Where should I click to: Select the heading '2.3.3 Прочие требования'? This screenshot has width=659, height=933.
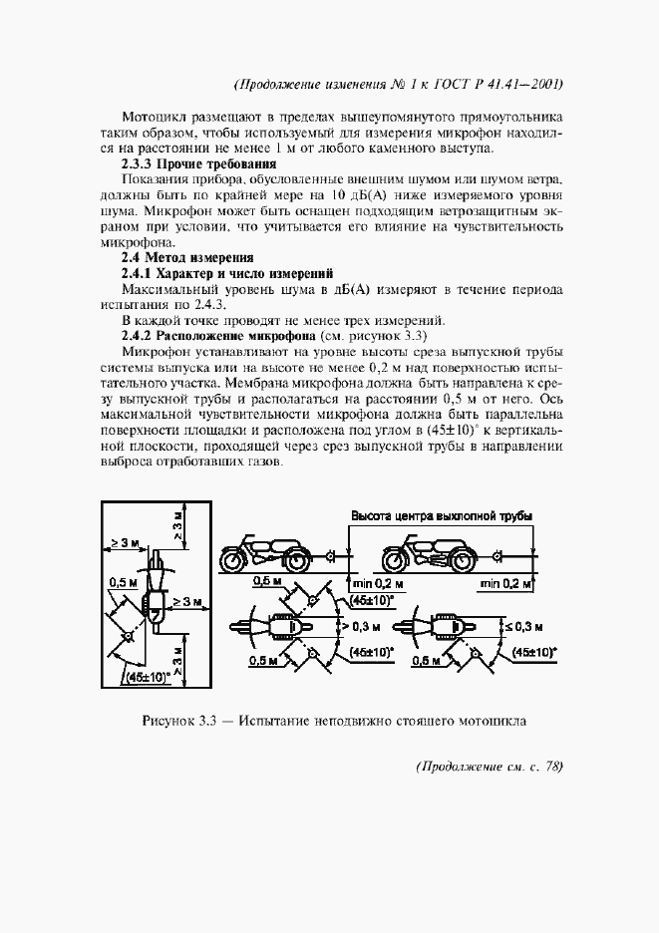point(197,163)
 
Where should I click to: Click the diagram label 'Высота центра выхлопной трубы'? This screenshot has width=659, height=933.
point(440,516)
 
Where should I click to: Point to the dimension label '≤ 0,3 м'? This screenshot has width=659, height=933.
point(522,627)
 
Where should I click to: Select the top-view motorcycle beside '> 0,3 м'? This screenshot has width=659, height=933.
point(270,627)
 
